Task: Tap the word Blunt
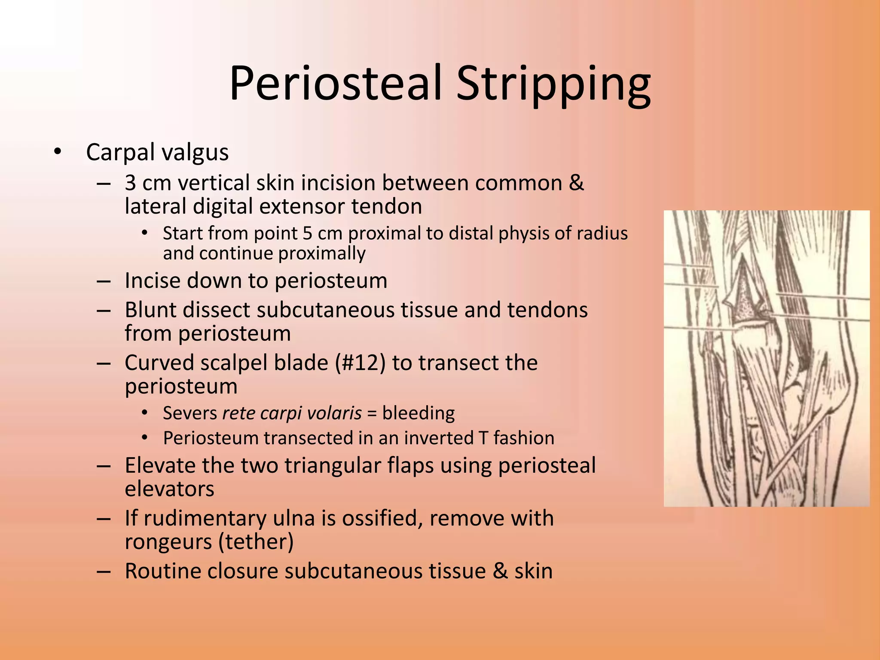tap(150, 310)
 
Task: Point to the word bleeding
tap(418, 413)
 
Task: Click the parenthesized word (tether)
tap(256, 542)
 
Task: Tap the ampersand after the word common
tap(576, 183)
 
